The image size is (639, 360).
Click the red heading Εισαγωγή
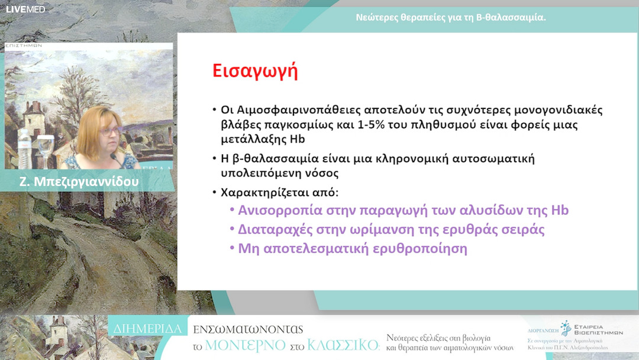255,70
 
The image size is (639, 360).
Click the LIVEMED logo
25,9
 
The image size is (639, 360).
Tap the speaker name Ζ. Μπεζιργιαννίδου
79,182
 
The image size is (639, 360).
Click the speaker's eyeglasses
111,131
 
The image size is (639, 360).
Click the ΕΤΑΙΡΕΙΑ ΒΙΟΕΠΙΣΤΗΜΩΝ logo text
598,329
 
